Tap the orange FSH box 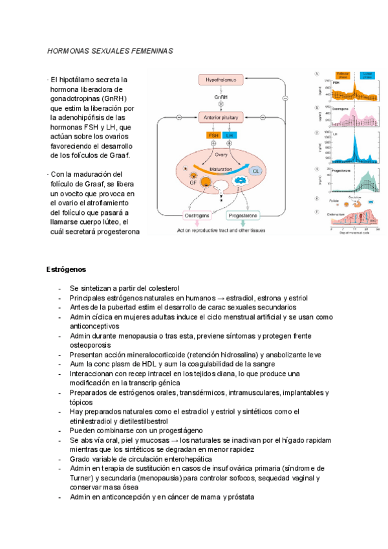pos(212,135)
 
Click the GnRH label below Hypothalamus pos(221,96)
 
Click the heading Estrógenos pos(67,269)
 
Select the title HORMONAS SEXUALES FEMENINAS pos(111,50)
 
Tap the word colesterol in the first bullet pos(162,287)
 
